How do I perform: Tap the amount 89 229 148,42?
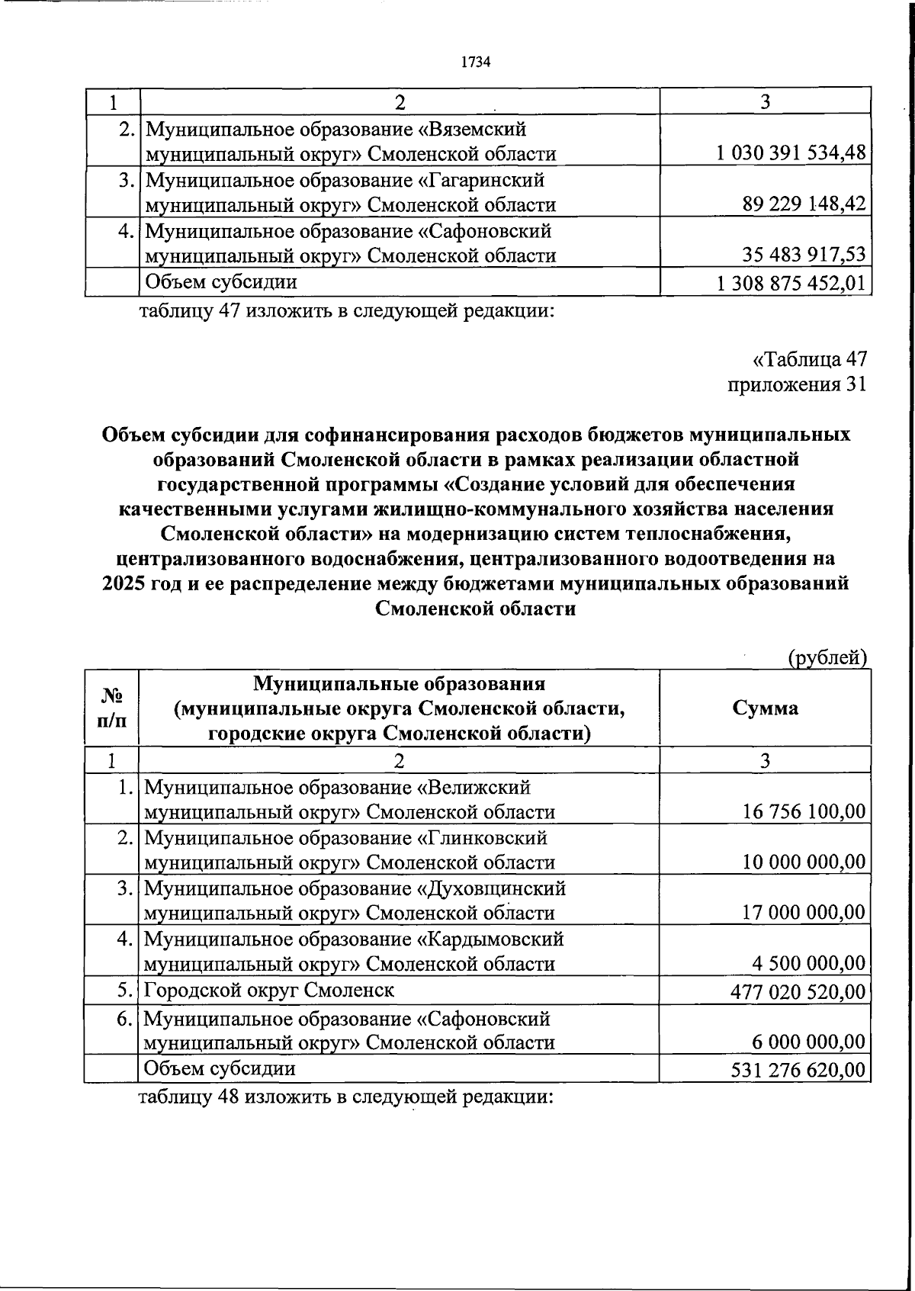pos(804,204)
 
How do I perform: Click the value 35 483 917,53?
pos(804,255)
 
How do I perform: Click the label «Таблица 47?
pos(810,359)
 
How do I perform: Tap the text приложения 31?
pos(798,384)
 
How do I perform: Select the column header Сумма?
pos(765,708)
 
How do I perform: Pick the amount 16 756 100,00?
pos(804,811)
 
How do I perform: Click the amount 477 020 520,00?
pos(798,991)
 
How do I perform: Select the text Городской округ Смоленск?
pos(269,991)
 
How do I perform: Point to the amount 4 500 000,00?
pos(809,964)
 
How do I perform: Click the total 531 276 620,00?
pos(798,1070)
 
